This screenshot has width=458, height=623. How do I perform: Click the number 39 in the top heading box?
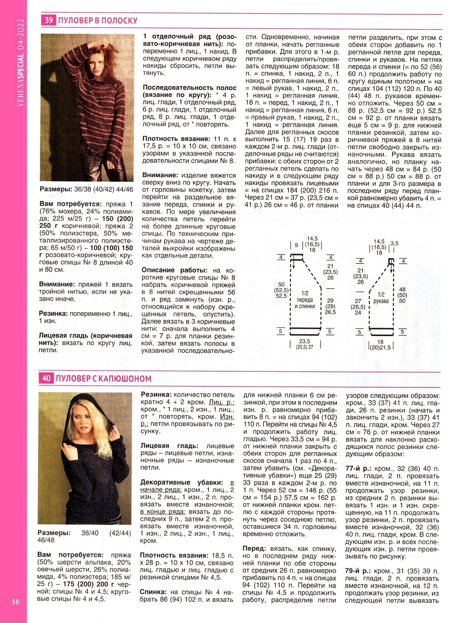pyautogui.click(x=48, y=20)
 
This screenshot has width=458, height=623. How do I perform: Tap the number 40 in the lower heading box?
pyautogui.click(x=46, y=379)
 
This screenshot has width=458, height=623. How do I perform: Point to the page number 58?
pyautogui.click(x=16, y=602)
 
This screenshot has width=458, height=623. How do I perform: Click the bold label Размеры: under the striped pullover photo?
pyautogui.click(x=56, y=189)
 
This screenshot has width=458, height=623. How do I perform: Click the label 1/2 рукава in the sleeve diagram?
pyautogui.click(x=381, y=298)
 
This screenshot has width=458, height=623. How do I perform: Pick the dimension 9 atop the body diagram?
pyautogui.click(x=296, y=245)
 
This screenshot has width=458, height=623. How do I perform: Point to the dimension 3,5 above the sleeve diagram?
pyautogui.click(x=394, y=244)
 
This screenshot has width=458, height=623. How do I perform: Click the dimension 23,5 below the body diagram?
pyautogui.click(x=305, y=341)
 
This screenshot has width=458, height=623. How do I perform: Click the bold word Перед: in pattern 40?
pyautogui.click(x=254, y=548)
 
